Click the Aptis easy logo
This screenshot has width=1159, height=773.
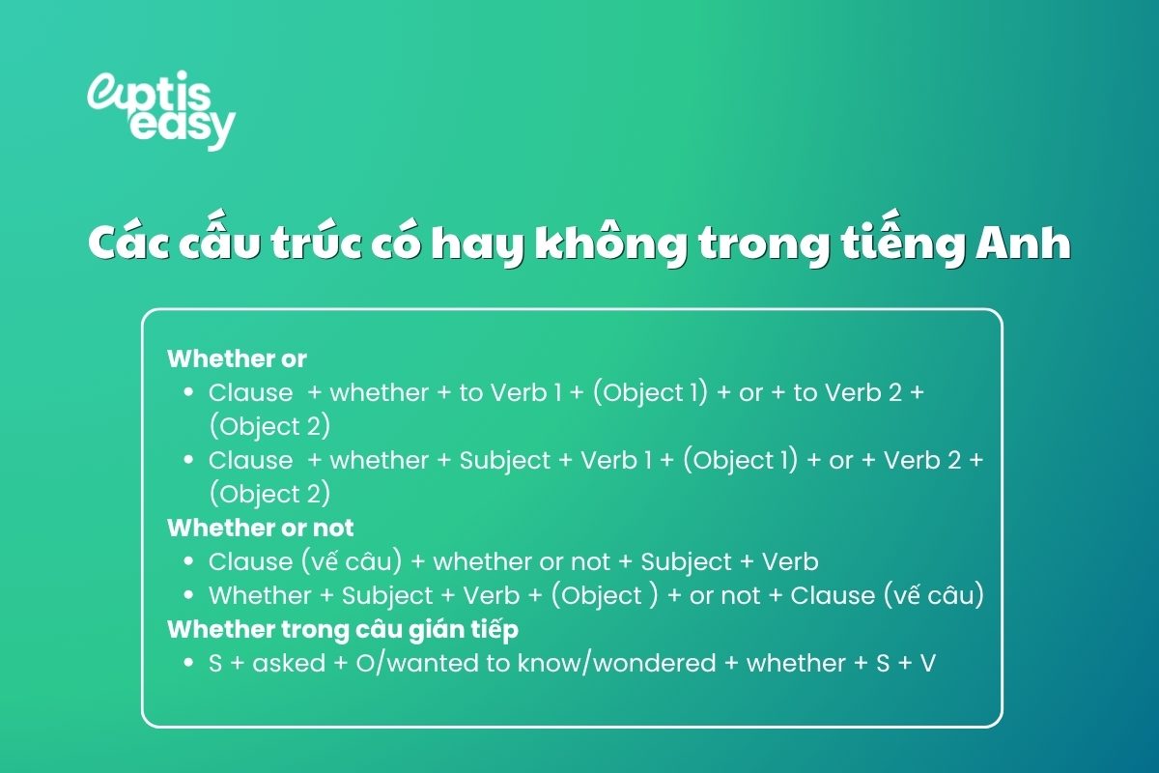tap(160, 108)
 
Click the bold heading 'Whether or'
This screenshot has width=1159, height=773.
tap(237, 358)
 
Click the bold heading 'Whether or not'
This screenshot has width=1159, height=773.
tap(261, 528)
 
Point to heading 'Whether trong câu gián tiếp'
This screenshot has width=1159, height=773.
tap(343, 629)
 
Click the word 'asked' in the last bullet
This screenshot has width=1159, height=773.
tap(289, 664)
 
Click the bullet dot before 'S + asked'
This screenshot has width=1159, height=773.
tap(188, 664)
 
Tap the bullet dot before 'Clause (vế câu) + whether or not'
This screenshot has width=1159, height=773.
tap(188, 561)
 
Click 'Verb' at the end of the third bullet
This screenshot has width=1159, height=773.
tap(790, 561)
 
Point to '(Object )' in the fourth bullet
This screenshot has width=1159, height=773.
tap(604, 595)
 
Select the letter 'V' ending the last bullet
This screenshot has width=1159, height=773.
tap(927, 664)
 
